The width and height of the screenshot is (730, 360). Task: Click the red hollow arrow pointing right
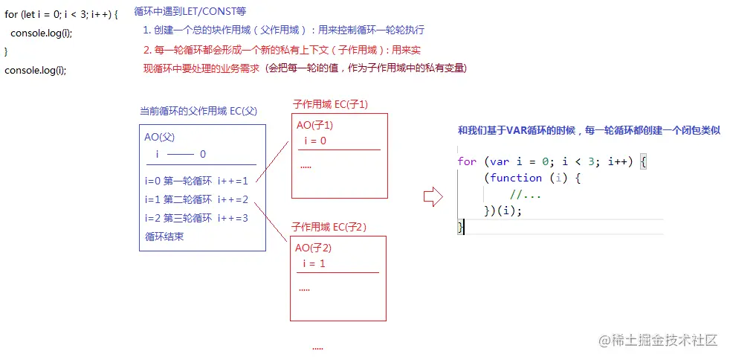pyautogui.click(x=432, y=196)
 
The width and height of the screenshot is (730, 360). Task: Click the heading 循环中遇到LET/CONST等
pyautogui.click(x=190, y=13)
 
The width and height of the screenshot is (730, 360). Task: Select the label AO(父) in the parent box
pyautogui.click(x=160, y=138)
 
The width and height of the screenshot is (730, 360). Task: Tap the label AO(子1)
pyautogui.click(x=314, y=126)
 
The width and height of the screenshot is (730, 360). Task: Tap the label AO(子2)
pyautogui.click(x=313, y=248)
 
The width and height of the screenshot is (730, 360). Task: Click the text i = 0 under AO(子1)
pyautogui.click(x=315, y=141)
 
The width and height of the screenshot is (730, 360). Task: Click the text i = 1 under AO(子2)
pyautogui.click(x=314, y=263)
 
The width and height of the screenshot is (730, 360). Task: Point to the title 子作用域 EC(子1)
pyautogui.click(x=330, y=104)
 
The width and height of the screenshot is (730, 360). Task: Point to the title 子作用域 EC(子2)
pyautogui.click(x=329, y=226)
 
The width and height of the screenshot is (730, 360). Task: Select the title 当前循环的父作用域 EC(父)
pyautogui.click(x=198, y=112)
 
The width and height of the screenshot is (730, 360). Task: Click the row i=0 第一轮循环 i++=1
pyautogui.click(x=196, y=180)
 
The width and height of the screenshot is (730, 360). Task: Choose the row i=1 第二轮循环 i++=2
pyautogui.click(x=196, y=199)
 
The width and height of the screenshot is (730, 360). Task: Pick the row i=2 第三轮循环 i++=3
pyautogui.click(x=196, y=218)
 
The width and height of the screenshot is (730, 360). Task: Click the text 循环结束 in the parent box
pyautogui.click(x=164, y=237)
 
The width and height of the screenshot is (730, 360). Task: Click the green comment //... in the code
pyautogui.click(x=526, y=194)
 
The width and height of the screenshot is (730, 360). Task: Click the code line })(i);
pyautogui.click(x=503, y=210)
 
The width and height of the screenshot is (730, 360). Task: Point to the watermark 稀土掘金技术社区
pyautogui.click(x=659, y=341)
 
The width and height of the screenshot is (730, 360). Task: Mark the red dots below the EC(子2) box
pyautogui.click(x=317, y=348)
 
